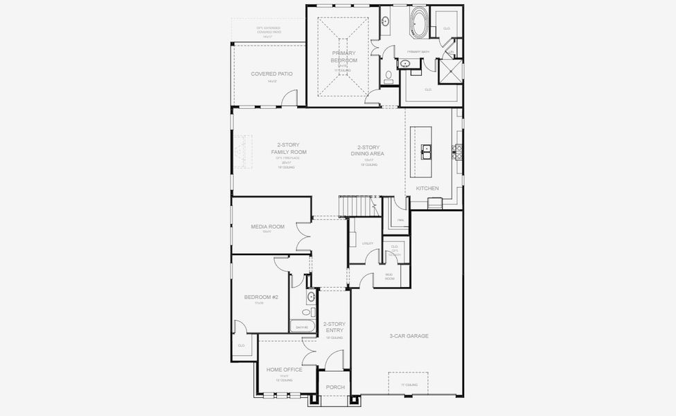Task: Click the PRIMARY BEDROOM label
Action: [x=344, y=56]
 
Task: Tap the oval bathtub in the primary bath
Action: [x=420, y=22]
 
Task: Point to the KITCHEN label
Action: [x=427, y=188]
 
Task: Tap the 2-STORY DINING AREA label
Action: [x=371, y=150]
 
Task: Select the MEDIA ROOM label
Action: [x=267, y=227]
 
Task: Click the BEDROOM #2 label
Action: [x=260, y=297]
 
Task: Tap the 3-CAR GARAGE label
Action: [x=409, y=336]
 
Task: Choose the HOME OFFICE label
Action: [x=284, y=370]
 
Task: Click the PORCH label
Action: [x=335, y=387]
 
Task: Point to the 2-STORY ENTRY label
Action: [x=334, y=327]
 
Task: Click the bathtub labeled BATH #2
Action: [x=303, y=327]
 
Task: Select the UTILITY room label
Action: [x=367, y=243]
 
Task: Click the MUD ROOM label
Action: [x=389, y=277]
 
